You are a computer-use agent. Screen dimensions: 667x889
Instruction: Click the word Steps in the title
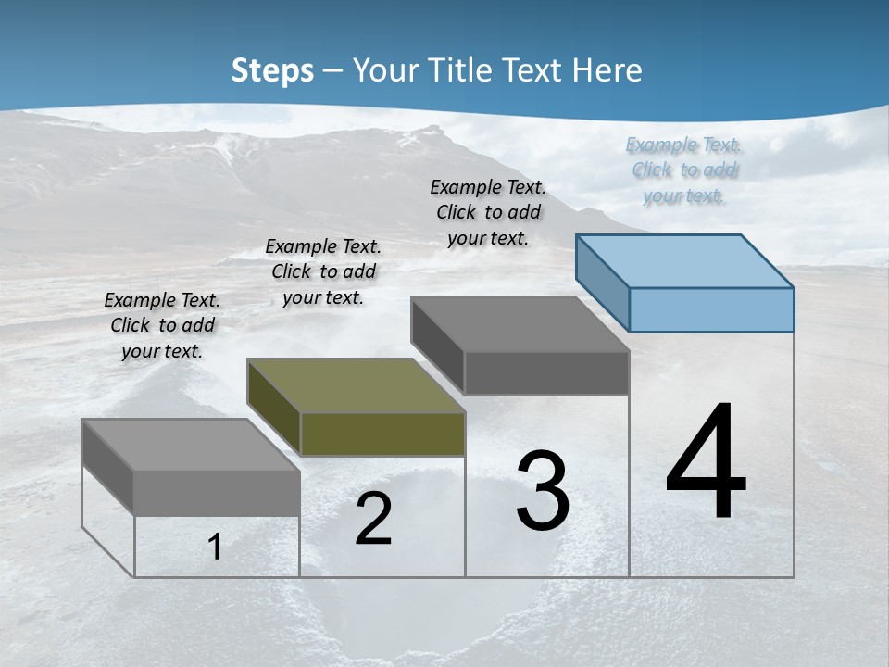coord(272,70)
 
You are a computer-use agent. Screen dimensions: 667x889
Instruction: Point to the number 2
coord(373,518)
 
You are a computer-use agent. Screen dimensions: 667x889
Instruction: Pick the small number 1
coord(215,547)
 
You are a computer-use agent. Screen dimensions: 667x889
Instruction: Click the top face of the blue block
coord(685,261)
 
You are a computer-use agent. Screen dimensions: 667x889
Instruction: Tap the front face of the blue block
coord(711,309)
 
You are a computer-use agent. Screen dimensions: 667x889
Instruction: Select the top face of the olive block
coord(356,385)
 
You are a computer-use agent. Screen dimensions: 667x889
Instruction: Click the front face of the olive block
coord(382,434)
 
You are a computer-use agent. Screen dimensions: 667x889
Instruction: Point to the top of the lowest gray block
coord(191,445)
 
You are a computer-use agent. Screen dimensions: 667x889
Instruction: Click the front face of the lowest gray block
coord(217,493)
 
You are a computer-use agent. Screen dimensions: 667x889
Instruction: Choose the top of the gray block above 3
coord(520,324)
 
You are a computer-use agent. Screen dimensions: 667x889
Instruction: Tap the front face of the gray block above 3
coord(546,373)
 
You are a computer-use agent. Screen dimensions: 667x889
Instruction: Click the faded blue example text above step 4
coord(683,170)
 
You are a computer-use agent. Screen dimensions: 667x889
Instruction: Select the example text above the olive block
coord(323,271)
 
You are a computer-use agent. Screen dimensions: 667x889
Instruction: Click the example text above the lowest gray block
coord(162,325)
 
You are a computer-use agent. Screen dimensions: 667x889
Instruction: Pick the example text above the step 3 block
coord(488,212)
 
